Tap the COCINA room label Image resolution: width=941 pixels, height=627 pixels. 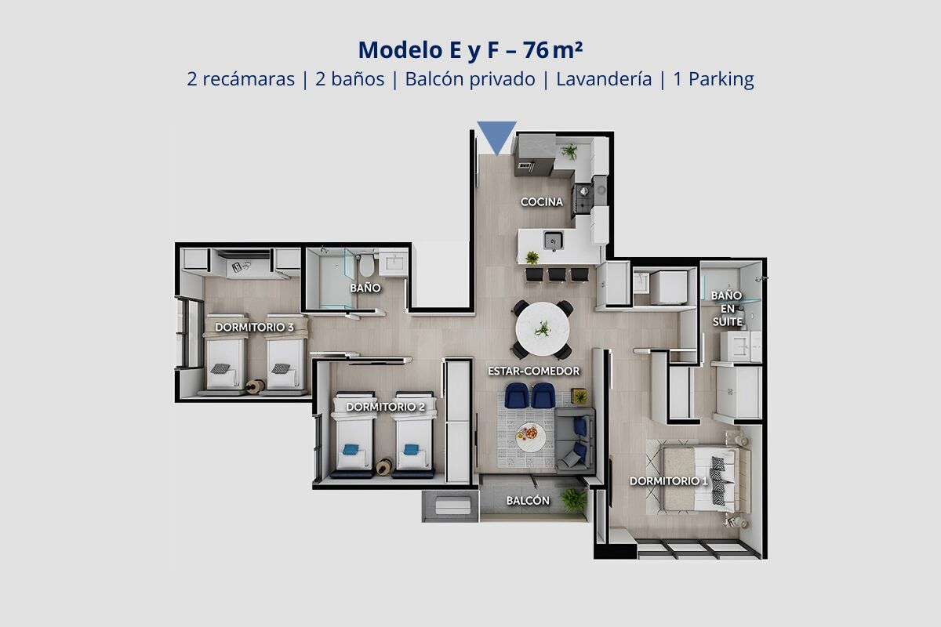(542, 202)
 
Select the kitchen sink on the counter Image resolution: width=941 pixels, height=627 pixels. (553, 241)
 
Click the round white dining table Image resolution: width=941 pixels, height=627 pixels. (543, 328)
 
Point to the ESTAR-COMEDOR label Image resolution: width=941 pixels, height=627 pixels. (533, 371)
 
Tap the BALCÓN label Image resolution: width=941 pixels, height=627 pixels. (528, 501)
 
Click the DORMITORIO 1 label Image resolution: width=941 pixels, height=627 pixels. (668, 481)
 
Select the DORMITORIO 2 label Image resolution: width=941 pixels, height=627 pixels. (385, 407)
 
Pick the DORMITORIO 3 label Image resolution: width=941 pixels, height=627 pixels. (254, 327)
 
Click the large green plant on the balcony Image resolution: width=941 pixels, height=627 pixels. (573, 501)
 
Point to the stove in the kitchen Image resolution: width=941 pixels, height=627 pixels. (583, 200)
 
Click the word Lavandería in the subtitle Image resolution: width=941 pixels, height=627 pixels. (604, 79)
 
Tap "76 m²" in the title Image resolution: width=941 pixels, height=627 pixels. (553, 50)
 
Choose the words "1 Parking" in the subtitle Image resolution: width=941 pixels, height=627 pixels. (714, 80)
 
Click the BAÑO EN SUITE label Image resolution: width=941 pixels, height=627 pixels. (727, 309)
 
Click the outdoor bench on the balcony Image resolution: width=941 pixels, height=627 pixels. (453, 506)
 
